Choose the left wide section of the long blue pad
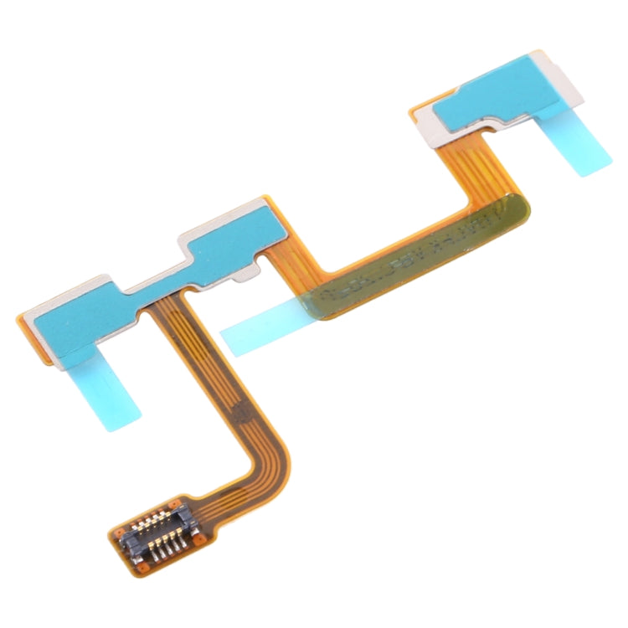pos(75,314)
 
